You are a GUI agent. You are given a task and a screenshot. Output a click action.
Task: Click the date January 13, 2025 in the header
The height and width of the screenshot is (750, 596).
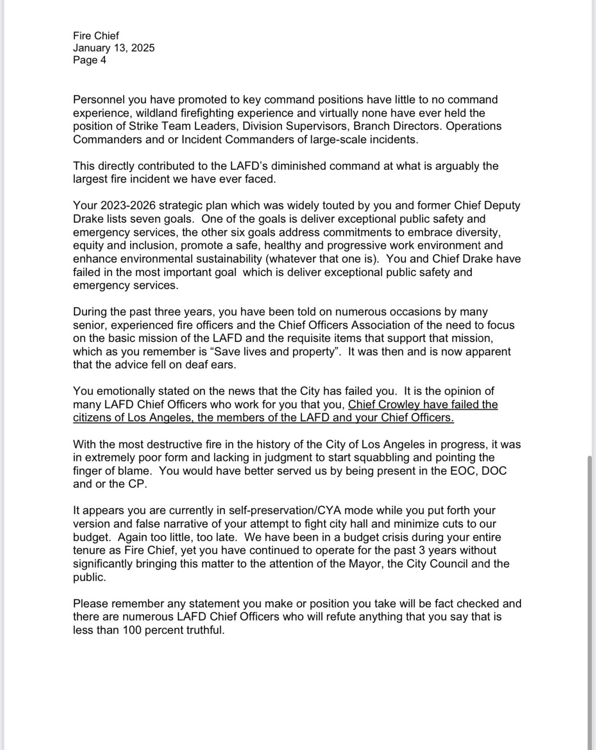pyautogui.click(x=114, y=48)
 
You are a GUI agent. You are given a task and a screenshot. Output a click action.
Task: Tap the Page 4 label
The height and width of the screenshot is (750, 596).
pyautogui.click(x=90, y=60)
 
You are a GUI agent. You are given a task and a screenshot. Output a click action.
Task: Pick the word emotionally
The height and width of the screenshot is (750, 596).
pyautogui.click(x=131, y=391)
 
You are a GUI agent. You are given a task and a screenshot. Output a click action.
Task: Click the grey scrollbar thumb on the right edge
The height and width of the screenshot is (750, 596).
pyautogui.click(x=590, y=599)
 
